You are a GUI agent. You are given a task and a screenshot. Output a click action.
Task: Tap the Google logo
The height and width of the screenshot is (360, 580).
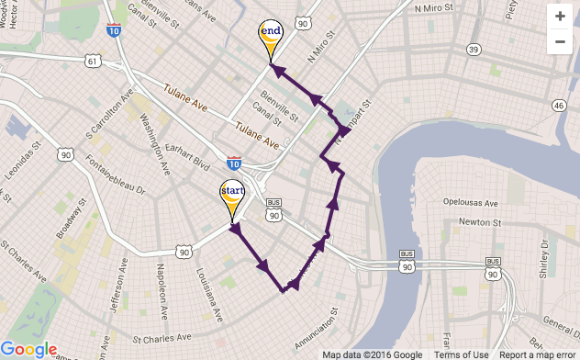point(29,349)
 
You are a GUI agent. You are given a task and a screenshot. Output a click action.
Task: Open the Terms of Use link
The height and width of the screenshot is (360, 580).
point(461,354)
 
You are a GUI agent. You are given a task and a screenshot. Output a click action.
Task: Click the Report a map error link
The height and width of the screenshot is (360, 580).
point(537,354)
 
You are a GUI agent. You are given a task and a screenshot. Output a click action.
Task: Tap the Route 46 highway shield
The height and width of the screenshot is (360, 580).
point(559,106)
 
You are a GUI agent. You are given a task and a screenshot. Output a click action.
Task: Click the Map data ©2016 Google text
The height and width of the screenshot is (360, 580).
point(373,354)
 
